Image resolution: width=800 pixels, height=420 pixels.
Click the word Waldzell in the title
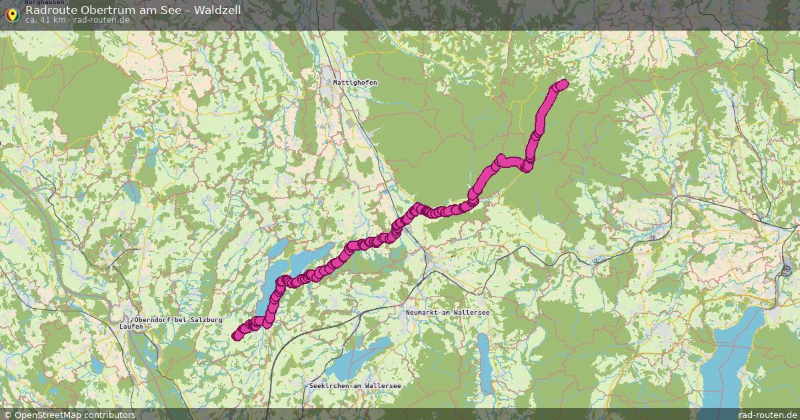pos(215,10)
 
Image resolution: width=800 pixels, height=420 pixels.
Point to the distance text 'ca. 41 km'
pos(45,20)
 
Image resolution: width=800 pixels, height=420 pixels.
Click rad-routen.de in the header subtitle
pos(101,20)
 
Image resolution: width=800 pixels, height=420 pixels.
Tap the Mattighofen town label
pos(355,82)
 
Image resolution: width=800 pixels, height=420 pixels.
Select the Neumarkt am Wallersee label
pos(448,312)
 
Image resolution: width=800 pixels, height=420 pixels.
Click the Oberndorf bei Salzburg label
pos(178,320)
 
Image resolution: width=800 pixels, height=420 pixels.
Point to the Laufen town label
pos(131,327)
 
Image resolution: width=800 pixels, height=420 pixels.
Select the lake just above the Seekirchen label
pos(360,357)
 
